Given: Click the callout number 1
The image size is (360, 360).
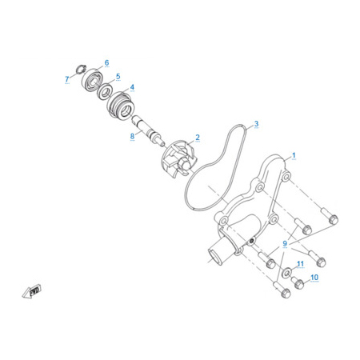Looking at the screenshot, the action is click(294, 155).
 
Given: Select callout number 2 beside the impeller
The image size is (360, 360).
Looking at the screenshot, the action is click(198, 138).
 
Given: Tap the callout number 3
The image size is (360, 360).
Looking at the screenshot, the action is click(256, 124).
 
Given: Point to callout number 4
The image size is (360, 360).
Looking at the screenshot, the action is click(132, 87).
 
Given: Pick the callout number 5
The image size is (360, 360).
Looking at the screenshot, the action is click(118, 77).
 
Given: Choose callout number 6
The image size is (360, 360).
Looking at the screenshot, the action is click(106, 63).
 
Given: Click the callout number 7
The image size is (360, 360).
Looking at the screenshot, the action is click(67, 79).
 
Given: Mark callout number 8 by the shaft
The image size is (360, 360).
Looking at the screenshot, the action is click(132, 136).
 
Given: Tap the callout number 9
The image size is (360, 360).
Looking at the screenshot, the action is click(285, 243).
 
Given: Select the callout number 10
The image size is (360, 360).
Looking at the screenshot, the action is click(314, 278).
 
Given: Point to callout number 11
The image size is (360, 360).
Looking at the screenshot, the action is click(301, 264).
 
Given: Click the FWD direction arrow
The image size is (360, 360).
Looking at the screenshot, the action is click(31, 291).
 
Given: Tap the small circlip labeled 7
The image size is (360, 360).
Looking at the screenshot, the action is click(81, 69).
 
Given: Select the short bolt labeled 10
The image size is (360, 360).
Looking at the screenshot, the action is click(298, 283).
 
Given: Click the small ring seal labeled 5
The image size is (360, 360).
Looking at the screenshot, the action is click(106, 91).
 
